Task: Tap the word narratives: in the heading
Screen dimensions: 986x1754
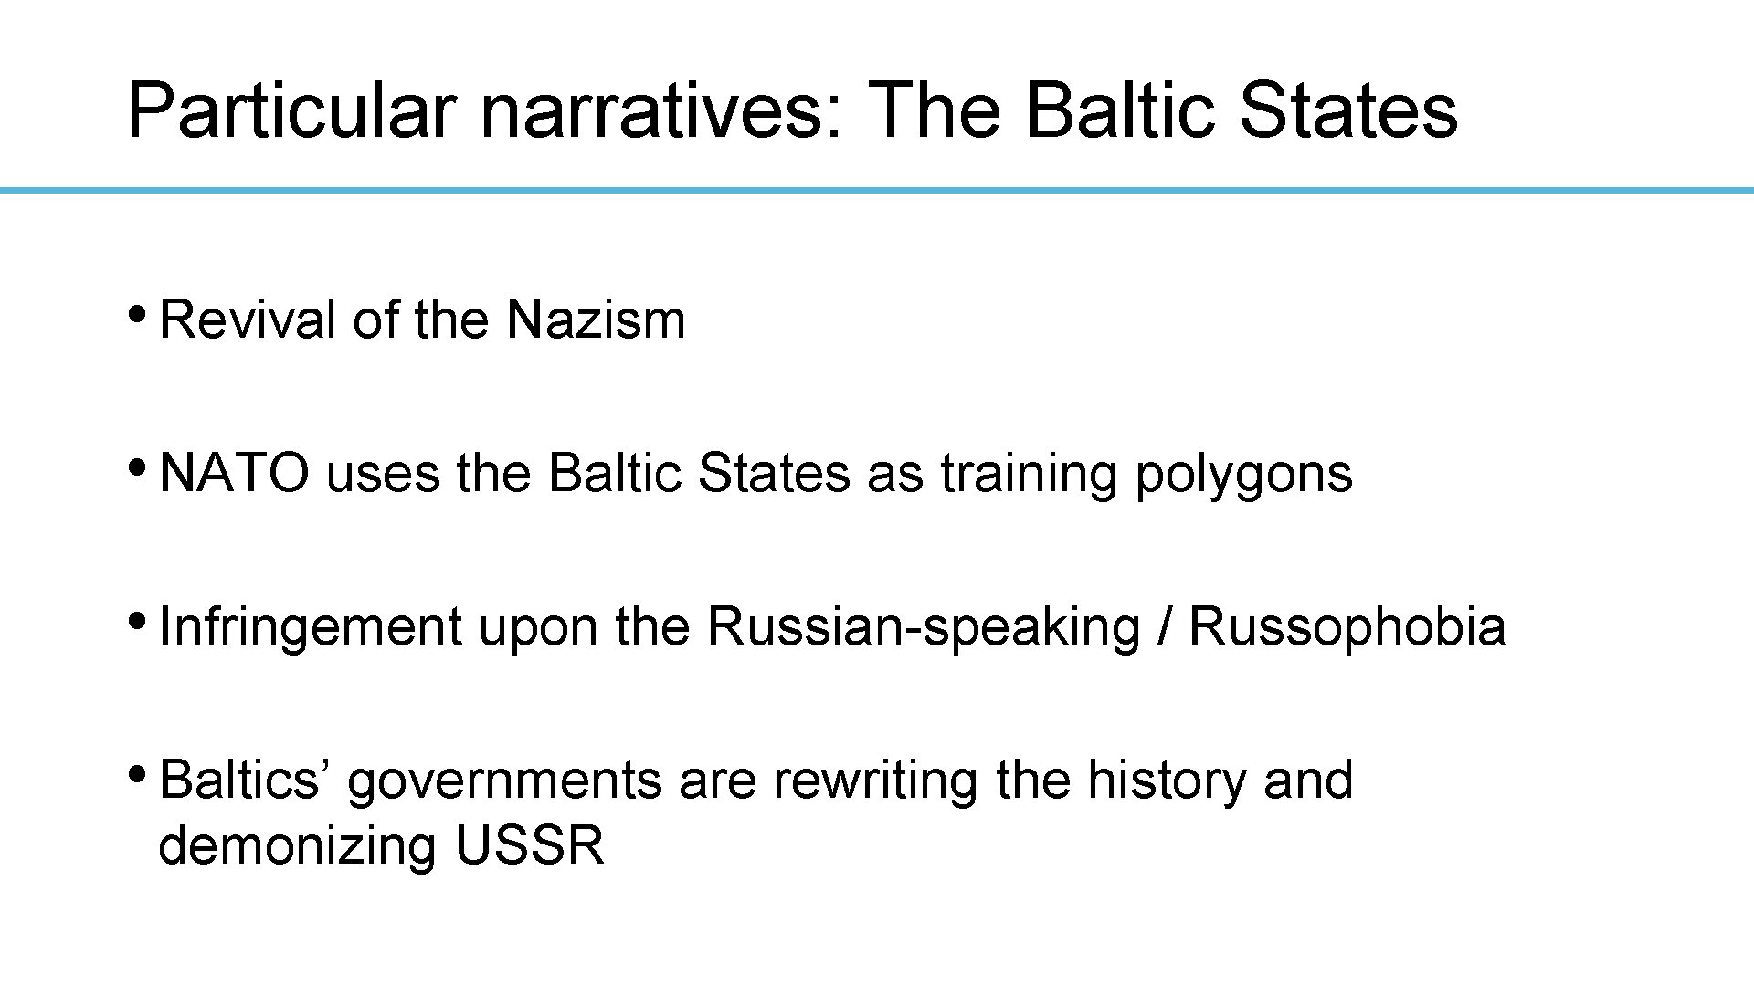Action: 662,111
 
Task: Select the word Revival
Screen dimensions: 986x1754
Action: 248,320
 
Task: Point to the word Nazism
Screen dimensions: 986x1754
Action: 596,320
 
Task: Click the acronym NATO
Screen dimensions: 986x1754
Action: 235,474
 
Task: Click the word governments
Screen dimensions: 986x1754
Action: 504,782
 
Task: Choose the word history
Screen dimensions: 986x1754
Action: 1167,782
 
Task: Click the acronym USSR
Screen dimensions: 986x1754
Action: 529,845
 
